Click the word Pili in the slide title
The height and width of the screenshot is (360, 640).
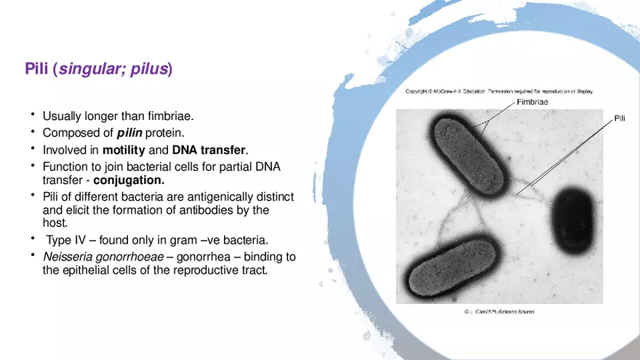(36, 69)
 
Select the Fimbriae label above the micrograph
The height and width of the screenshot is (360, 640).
(532, 103)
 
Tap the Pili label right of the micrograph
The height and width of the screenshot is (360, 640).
(620, 118)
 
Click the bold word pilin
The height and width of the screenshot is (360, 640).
(130, 133)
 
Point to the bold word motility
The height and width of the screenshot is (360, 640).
(124, 151)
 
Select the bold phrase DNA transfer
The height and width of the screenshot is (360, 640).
(209, 151)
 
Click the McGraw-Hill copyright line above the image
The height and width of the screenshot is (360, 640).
(499, 92)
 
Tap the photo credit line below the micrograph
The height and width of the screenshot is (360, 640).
(499, 311)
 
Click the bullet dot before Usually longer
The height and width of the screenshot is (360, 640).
(33, 114)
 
